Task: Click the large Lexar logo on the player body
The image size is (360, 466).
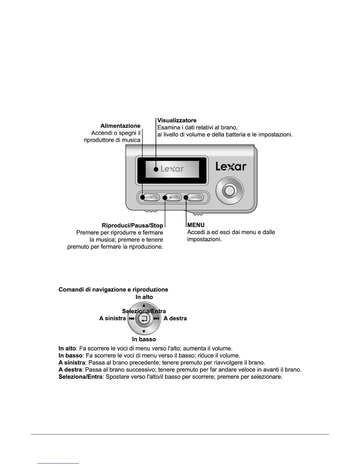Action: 231,167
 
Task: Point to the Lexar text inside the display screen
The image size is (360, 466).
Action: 172,169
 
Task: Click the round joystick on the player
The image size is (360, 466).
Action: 230,191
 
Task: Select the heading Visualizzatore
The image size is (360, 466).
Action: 177,120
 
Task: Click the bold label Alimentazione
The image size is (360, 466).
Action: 120,126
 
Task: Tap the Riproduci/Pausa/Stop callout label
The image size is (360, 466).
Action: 132,225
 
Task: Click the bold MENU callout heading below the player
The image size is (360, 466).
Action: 196,225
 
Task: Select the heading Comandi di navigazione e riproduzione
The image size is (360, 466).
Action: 113,289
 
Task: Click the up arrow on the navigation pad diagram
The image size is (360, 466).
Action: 144,305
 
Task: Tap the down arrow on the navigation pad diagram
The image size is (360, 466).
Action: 144,332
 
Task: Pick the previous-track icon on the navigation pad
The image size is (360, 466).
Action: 131,319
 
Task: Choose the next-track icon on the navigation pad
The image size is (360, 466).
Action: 156,319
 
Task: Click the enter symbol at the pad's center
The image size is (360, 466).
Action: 144,319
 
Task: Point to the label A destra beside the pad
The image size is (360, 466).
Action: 175,318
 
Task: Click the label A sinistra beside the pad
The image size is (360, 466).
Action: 113,318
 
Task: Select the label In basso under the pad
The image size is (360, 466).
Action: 144,339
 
